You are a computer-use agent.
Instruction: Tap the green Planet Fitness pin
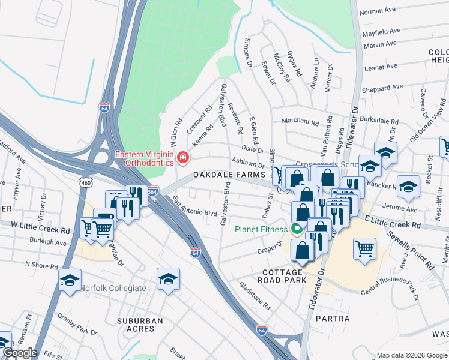point(296,229)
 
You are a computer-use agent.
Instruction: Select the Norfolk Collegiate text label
point(114,288)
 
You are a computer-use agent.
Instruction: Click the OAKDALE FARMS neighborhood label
point(229,175)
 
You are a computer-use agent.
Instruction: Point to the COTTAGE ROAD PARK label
point(280,275)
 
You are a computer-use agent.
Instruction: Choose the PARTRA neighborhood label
point(331,319)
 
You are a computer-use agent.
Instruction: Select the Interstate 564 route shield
point(153,191)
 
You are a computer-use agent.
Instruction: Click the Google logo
point(19,353)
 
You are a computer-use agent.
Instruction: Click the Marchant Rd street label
point(300,121)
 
